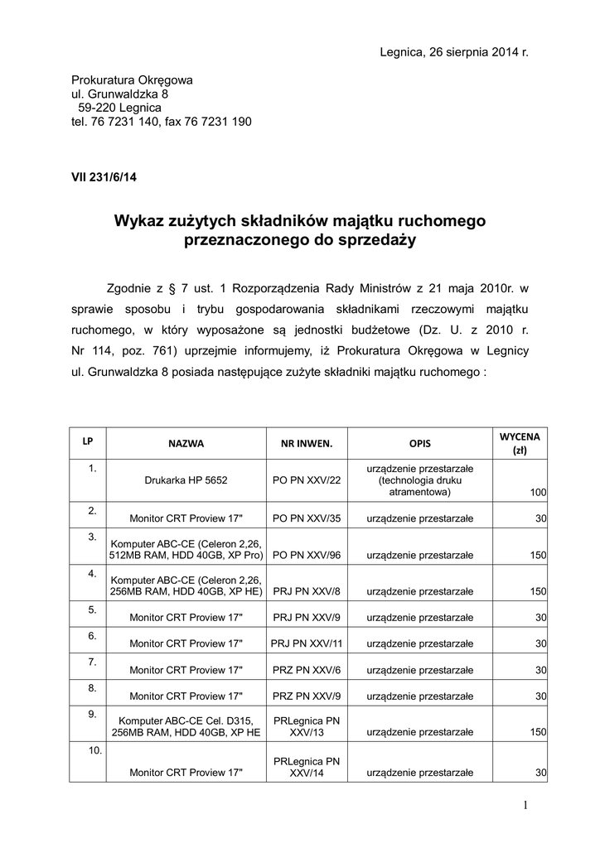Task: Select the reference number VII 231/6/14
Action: (104, 176)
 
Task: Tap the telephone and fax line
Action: (162, 121)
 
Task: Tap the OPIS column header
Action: (419, 443)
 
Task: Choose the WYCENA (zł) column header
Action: (520, 443)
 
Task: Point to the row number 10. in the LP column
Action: (93, 750)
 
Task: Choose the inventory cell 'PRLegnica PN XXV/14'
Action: (306, 767)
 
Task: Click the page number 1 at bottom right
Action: (525, 806)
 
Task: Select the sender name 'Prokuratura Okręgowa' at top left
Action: (133, 80)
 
